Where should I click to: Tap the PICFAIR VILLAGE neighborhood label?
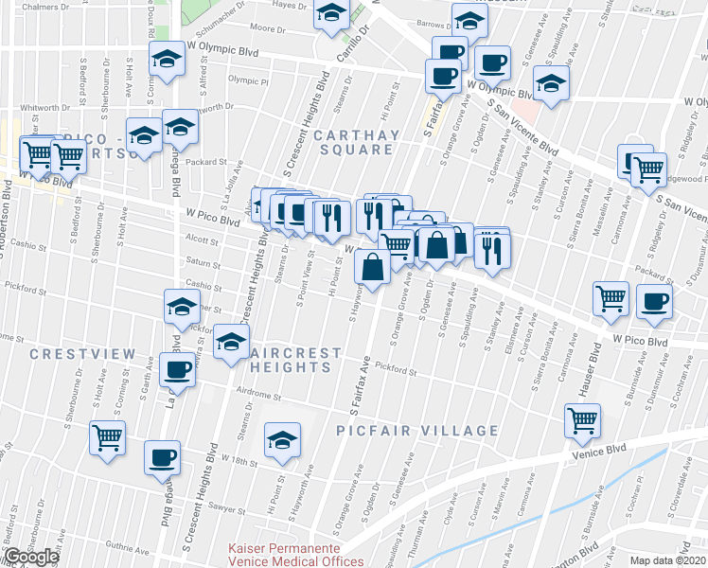pos(417,431)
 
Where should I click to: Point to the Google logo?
pos(31,557)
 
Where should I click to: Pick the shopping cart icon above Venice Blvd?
pos(582,419)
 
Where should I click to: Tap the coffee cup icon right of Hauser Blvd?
pos(653,301)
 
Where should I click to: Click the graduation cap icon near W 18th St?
pos(282,440)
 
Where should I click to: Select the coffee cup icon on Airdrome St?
pos(177,368)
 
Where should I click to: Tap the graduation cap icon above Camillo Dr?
pos(331,14)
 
